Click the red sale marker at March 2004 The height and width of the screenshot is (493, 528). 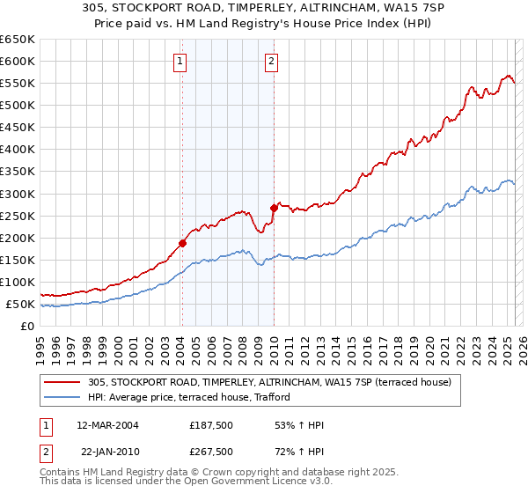click(x=182, y=243)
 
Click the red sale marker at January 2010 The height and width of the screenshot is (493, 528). click(x=274, y=208)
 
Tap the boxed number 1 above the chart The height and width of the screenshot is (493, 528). click(x=180, y=62)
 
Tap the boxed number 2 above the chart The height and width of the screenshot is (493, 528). click(x=271, y=62)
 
